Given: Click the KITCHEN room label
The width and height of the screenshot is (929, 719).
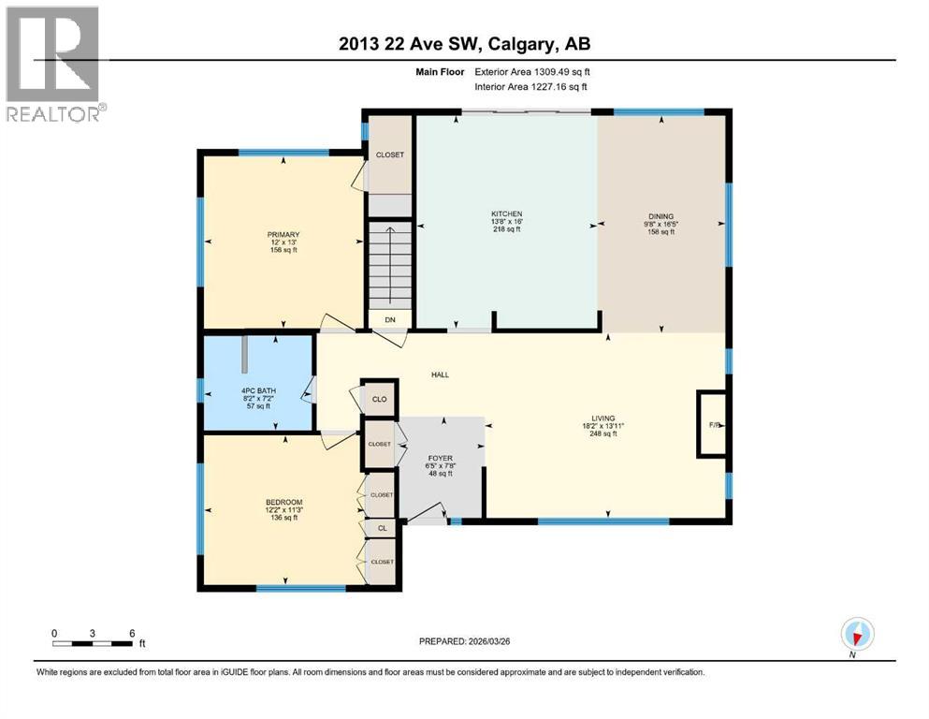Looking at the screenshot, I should pyautogui.click(x=506, y=214).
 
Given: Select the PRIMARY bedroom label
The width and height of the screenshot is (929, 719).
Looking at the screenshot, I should pyautogui.click(x=283, y=234).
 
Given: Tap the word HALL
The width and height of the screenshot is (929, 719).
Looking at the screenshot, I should pyautogui.click(x=440, y=374).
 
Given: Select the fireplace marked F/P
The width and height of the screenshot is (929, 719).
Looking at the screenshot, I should pyautogui.click(x=713, y=424).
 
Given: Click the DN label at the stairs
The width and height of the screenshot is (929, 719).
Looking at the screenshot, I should pyautogui.click(x=391, y=319).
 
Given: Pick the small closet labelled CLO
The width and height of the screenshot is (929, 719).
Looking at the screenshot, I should pyautogui.click(x=379, y=399).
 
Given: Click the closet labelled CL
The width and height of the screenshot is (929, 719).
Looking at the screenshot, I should pyautogui.click(x=382, y=528).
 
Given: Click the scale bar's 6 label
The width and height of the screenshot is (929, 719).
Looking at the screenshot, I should pyautogui.click(x=131, y=632).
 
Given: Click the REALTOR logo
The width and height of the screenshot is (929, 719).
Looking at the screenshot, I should pyautogui.click(x=53, y=65).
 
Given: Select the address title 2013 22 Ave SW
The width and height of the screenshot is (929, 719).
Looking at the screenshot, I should pyautogui.click(x=464, y=44).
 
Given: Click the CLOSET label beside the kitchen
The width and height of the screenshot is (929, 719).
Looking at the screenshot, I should pyautogui.click(x=389, y=154).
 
